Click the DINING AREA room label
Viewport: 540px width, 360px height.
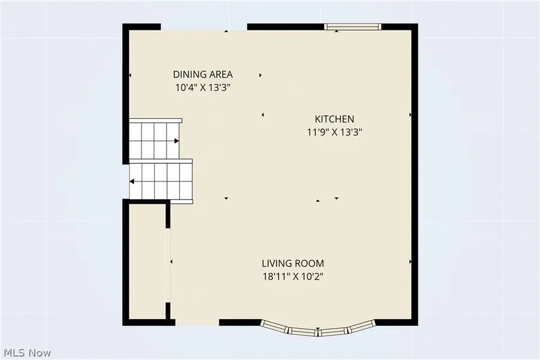tap(203, 74)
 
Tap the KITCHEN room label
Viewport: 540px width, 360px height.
tap(335, 119)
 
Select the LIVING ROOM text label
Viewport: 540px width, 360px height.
tap(293, 263)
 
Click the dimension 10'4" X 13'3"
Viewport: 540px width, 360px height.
tap(203, 88)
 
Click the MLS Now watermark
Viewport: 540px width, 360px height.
tap(28, 352)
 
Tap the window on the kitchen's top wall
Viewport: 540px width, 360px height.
tap(352, 26)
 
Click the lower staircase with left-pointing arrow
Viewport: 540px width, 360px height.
tap(161, 180)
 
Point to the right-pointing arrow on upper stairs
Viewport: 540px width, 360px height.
tap(176, 141)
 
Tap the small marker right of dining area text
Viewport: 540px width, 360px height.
tap(260, 76)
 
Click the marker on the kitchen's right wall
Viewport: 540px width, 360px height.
tap(410, 114)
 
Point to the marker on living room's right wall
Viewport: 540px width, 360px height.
tap(410, 262)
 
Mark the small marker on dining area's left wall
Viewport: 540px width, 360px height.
tap(130, 75)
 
